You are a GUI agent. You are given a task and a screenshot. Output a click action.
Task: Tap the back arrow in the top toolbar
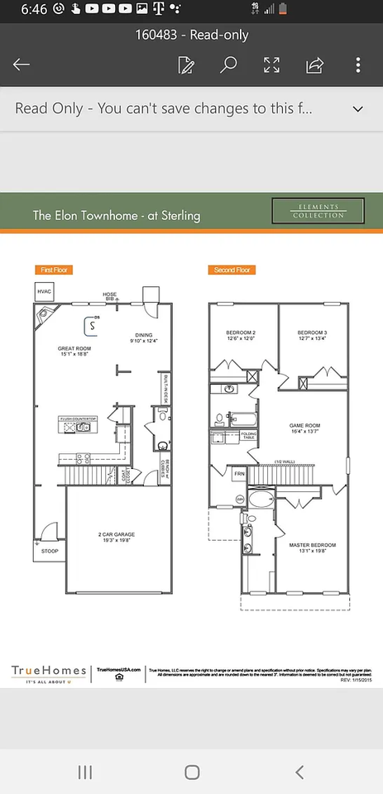click(22, 65)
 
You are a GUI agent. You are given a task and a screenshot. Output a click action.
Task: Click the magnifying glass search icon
click(229, 65)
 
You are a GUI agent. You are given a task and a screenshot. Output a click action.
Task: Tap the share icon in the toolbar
click(314, 65)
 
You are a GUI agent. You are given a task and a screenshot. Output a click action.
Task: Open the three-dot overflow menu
click(357, 65)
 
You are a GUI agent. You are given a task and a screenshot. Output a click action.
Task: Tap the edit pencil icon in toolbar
click(187, 65)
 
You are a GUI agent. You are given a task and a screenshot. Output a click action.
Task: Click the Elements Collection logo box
click(318, 211)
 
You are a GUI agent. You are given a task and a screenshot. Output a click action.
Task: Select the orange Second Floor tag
click(232, 270)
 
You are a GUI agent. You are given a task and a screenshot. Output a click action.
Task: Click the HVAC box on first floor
click(44, 292)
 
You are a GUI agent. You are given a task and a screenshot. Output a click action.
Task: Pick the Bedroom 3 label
click(312, 334)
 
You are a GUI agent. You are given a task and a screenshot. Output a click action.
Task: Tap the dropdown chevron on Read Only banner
click(358, 109)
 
